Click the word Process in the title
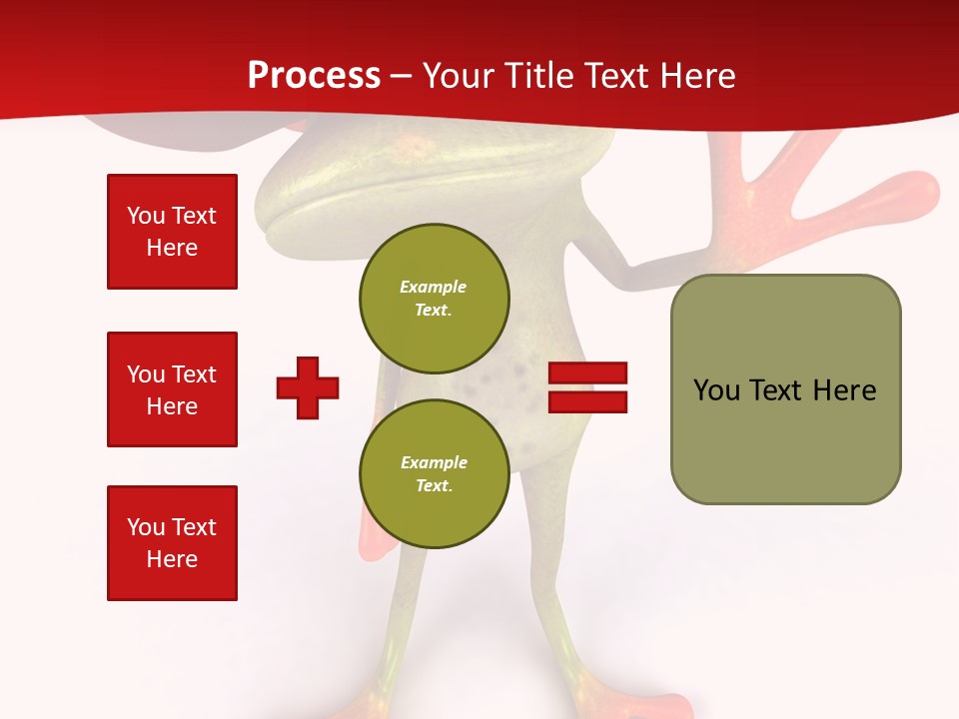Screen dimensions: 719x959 [314, 76]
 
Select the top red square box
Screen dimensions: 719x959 [172, 232]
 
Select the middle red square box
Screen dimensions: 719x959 [172, 389]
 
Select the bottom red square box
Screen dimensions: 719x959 [172, 543]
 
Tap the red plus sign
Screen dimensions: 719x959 [308, 387]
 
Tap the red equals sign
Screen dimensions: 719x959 [587, 387]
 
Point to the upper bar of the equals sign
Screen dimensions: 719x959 [587, 373]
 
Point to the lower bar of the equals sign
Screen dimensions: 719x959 [587, 401]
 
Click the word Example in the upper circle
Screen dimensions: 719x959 [433, 287]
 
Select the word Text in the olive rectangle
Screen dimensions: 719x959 [777, 390]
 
